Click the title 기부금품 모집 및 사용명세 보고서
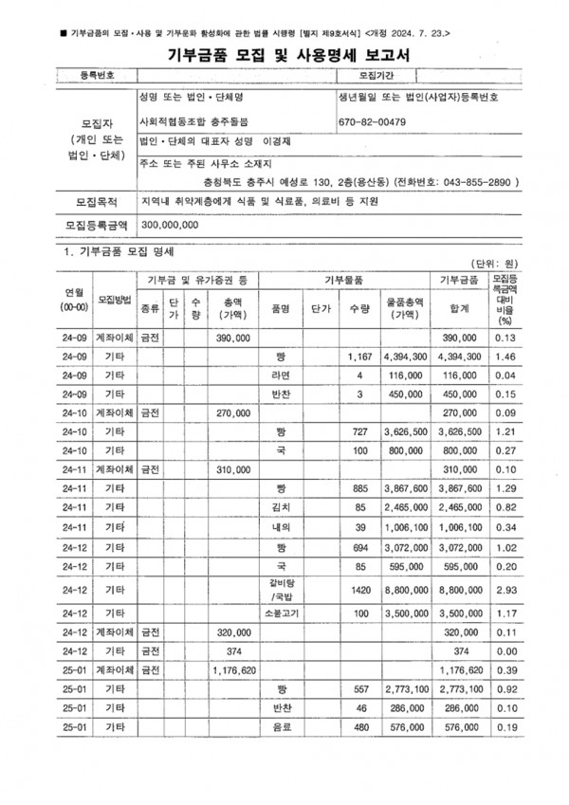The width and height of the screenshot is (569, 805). [x=284, y=56]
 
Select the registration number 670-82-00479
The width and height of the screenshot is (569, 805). [x=372, y=122]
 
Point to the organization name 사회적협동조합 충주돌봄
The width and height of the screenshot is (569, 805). [x=193, y=122]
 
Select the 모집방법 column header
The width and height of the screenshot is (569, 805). [x=114, y=299]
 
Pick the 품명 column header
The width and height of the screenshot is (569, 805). [x=279, y=308]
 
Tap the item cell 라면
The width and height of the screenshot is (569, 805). [x=279, y=375]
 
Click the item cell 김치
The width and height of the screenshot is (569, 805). [x=279, y=507]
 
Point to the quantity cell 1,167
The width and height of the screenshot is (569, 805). [x=360, y=357]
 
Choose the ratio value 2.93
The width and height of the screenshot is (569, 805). [x=505, y=589]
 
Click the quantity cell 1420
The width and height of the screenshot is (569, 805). [x=360, y=589]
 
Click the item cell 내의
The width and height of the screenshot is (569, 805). [x=279, y=526]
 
